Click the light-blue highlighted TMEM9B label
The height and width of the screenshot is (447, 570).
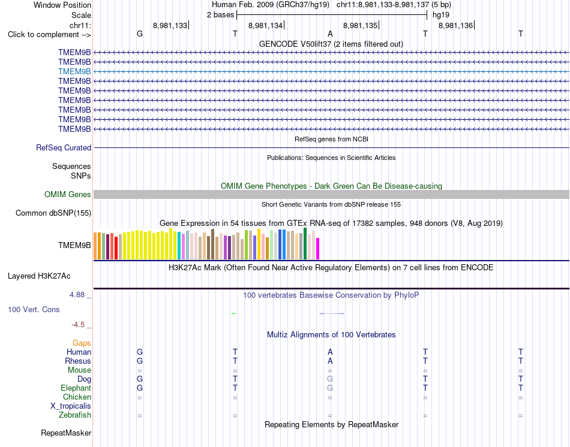click(74, 71)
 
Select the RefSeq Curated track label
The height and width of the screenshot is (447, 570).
click(64, 148)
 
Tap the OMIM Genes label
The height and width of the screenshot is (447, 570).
click(68, 194)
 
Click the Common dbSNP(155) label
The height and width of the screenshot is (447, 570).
click(53, 213)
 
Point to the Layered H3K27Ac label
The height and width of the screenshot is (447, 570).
click(39, 276)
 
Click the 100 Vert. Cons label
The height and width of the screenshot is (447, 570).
click(34, 309)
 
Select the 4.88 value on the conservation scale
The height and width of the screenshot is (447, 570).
click(77, 295)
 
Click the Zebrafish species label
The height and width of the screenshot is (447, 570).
click(75, 415)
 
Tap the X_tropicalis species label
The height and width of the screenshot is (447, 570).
click(71, 406)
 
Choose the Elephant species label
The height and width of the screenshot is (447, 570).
click(76, 388)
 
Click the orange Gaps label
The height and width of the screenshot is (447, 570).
click(82, 343)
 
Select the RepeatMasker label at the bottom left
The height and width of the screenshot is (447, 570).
click(66, 433)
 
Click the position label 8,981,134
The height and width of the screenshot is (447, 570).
click(265, 25)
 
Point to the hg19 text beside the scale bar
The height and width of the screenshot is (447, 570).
click(441, 15)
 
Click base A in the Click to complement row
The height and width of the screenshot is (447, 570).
click(330, 34)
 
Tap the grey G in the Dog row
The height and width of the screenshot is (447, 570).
click(330, 379)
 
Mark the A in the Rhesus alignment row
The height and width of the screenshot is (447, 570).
click(330, 361)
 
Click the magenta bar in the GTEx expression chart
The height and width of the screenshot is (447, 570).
click(318, 249)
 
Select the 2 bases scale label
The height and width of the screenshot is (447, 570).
click(221, 15)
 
